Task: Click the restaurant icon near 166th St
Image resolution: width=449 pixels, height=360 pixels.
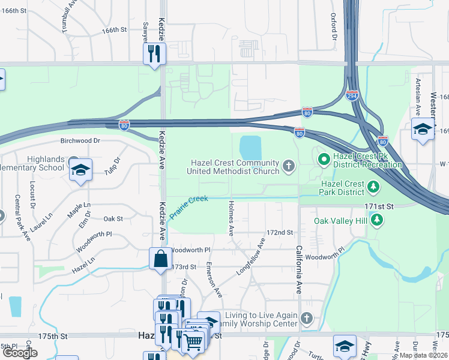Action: click(x=154, y=53)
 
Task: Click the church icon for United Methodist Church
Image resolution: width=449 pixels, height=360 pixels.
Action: click(x=289, y=166)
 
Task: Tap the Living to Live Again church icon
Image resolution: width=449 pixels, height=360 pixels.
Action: click(x=307, y=317)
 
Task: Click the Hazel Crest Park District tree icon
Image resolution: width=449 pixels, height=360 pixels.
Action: click(x=374, y=187)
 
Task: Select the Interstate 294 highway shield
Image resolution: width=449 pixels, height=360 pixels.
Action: click(x=352, y=95)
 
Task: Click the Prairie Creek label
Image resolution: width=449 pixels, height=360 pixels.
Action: click(x=188, y=206)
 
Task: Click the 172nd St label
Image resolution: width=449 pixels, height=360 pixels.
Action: click(x=280, y=232)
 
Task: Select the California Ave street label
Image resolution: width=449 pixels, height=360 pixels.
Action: click(x=298, y=269)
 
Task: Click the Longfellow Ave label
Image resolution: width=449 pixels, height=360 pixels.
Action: click(x=250, y=257)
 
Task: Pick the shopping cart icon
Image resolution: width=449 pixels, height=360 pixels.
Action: click(x=193, y=342)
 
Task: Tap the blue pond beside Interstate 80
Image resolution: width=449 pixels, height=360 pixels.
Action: click(x=250, y=147)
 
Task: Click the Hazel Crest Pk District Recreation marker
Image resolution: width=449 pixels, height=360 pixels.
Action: click(x=323, y=159)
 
